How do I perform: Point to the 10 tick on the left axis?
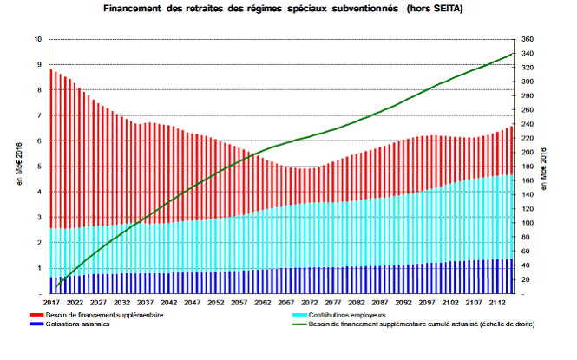click(x=37, y=40)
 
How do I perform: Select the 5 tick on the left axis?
click(x=39, y=167)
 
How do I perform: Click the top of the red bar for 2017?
click(x=51, y=69)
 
